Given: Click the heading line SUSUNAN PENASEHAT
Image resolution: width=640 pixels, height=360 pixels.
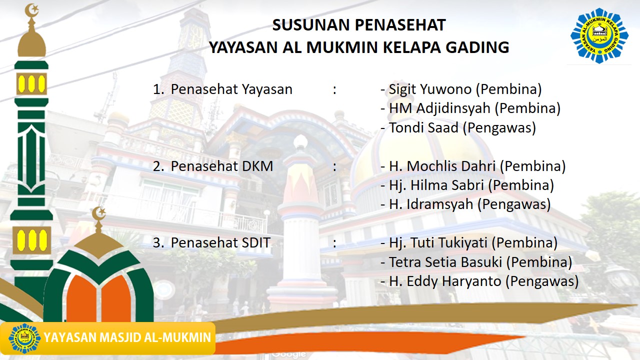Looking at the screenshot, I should coord(358,24).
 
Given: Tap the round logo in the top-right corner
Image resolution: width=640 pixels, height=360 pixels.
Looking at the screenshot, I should coord(599,35).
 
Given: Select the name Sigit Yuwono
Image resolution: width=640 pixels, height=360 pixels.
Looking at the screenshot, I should coord(430,89).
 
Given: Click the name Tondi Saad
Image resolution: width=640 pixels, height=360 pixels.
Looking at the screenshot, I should coord(423,127).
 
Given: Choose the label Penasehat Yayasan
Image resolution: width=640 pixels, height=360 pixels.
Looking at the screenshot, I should coord(231,89).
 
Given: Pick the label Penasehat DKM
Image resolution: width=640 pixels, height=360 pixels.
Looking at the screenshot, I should coord(222,166).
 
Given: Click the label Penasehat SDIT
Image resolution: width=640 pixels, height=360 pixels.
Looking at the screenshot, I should coord(220,243).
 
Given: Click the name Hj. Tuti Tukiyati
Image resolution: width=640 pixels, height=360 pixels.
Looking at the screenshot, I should coord(438,243).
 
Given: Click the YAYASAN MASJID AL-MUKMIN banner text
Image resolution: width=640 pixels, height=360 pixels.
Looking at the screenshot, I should coord(127,337).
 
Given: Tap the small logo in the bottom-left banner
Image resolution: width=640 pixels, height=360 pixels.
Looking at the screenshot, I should coord(24,338).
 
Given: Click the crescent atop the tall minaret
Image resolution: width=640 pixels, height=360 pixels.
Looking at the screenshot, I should coord(31,9).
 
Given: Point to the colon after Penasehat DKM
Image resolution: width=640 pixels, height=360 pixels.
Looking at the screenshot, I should coord(334,166).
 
